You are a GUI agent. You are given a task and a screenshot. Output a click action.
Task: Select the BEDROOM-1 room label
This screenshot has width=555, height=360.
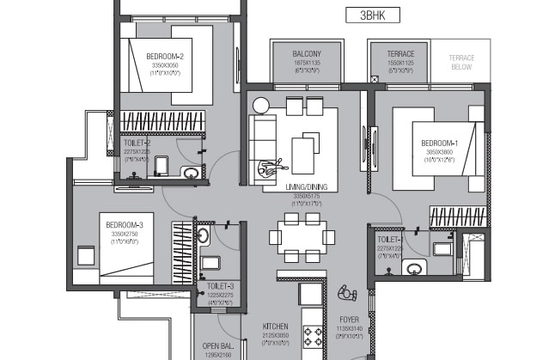pos(440,143)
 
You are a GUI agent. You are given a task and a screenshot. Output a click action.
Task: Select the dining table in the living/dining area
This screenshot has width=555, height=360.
pos(300,236)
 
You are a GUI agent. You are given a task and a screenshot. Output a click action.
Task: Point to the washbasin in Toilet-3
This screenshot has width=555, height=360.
pos(204,235)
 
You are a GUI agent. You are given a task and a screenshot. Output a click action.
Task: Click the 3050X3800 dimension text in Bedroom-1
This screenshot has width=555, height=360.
pos(440,151)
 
